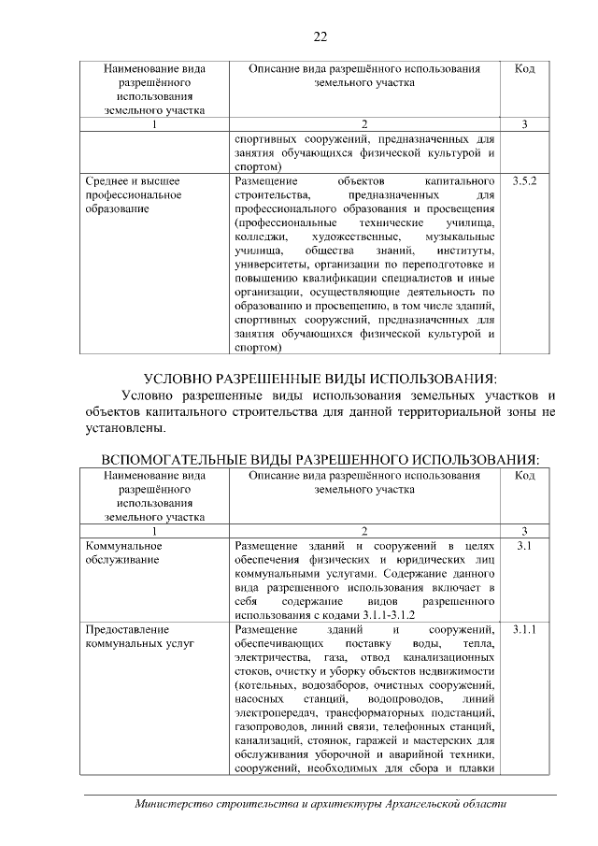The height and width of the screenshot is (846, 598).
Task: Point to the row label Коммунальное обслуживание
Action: [124, 552]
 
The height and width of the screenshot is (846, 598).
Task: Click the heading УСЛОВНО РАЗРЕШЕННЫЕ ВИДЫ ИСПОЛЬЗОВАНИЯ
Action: [320, 379]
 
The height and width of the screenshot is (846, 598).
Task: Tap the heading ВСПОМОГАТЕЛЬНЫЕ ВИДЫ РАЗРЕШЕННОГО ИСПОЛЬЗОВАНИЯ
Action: [320, 461]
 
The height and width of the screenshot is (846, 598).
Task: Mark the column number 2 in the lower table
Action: [364, 529]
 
